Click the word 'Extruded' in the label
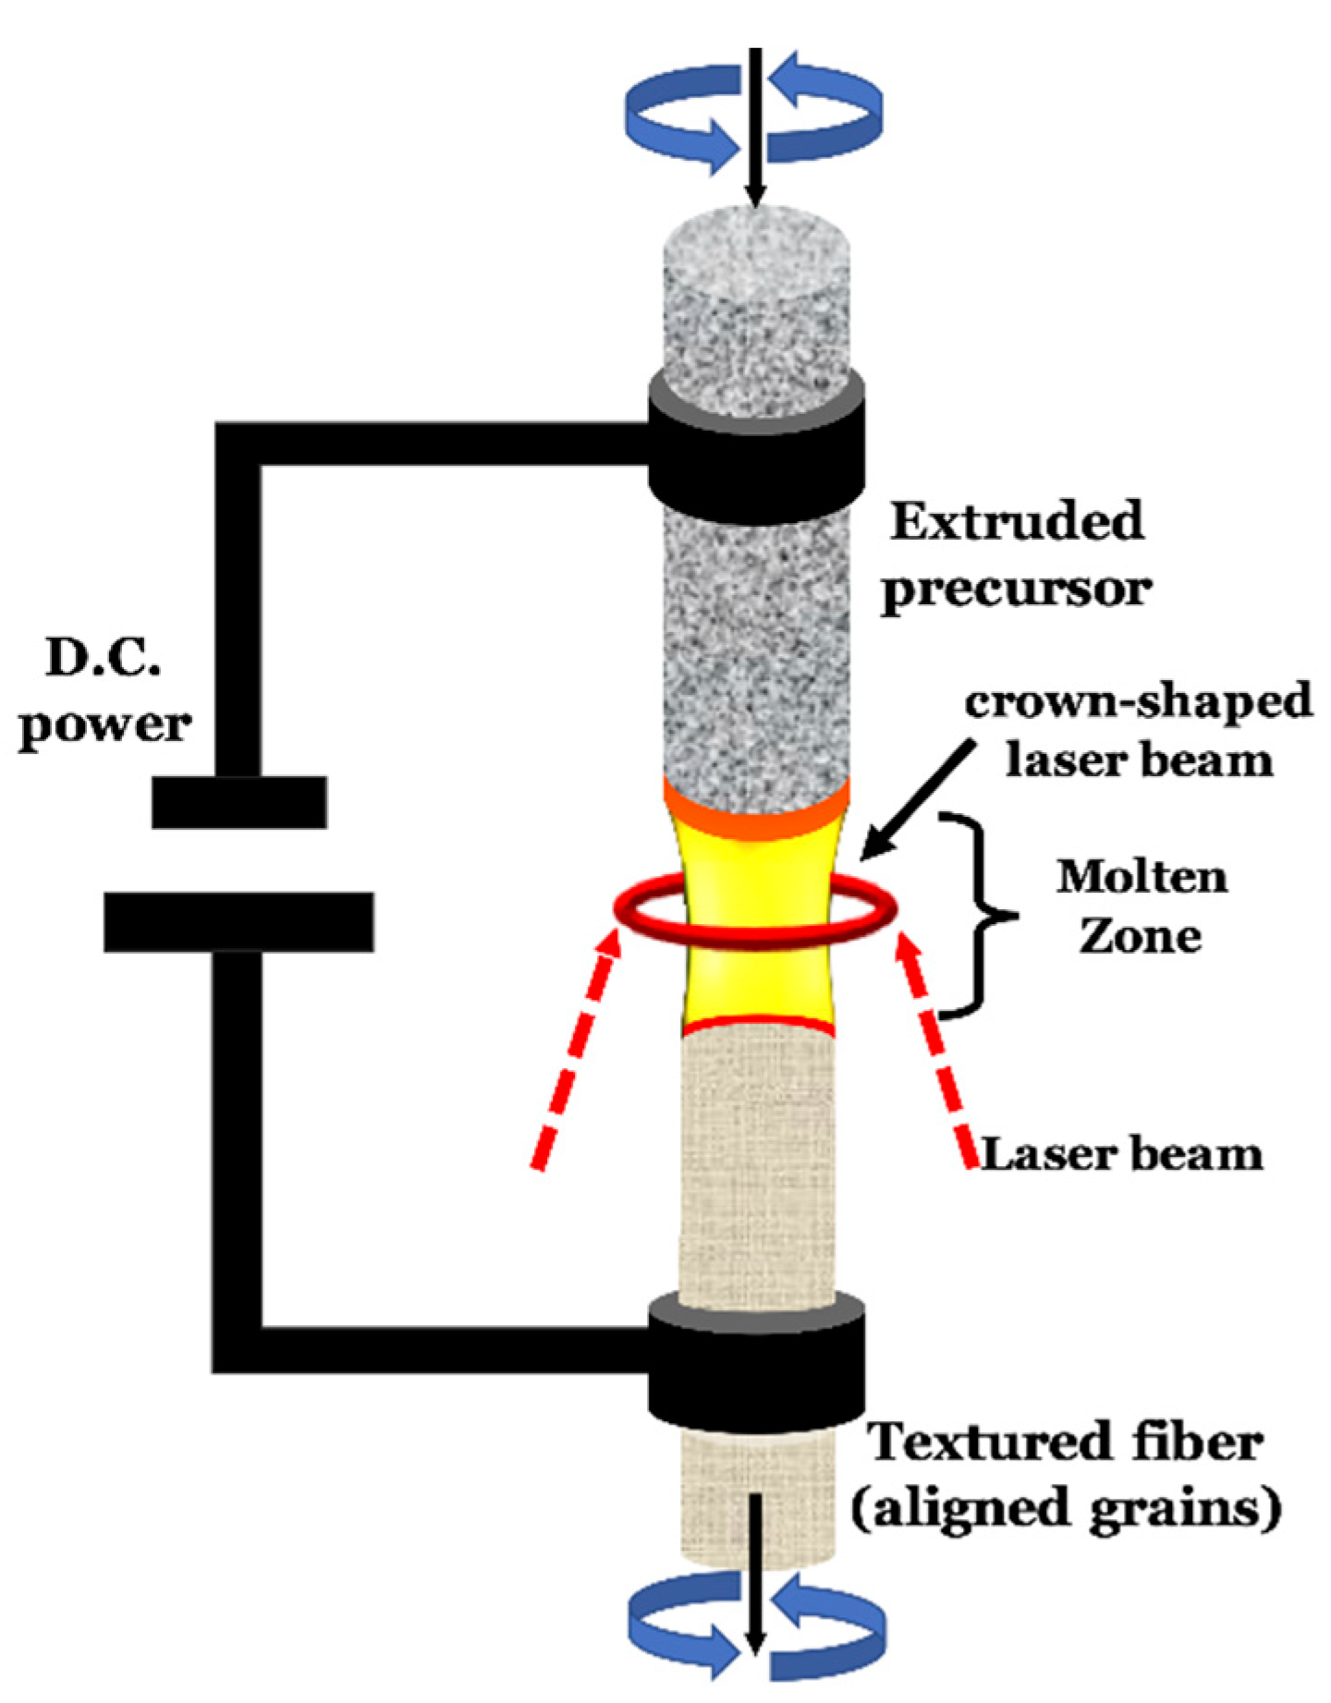click(1016, 523)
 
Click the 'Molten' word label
click(1142, 876)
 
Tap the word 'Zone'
click(1141, 937)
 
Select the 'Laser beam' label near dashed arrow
click(1120, 1154)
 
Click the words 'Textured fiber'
click(1067, 1443)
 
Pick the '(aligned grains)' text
click(1067, 1508)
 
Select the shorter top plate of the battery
click(238, 801)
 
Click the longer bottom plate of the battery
click(238, 921)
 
